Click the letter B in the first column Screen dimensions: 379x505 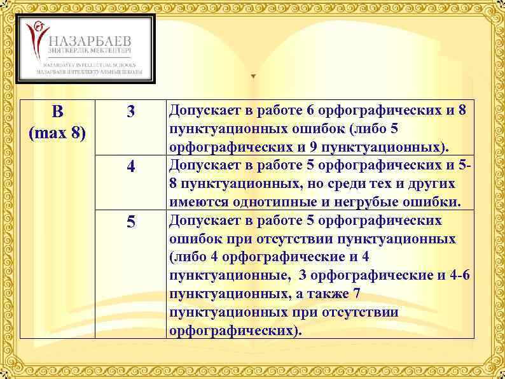pyautogui.click(x=57, y=113)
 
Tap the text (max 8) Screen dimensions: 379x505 pyautogui.click(x=57, y=134)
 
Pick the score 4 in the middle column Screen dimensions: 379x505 pyautogui.click(x=130, y=168)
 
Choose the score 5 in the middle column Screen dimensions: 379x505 pyautogui.click(x=130, y=223)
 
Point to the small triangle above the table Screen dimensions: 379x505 pyautogui.click(x=253, y=76)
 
